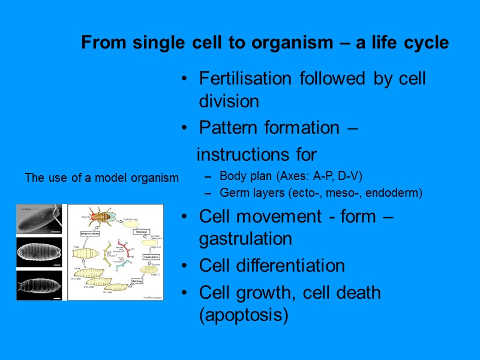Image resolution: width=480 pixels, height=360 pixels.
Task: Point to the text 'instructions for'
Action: [256, 155]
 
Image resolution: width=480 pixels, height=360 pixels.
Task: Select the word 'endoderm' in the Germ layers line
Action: [394, 193]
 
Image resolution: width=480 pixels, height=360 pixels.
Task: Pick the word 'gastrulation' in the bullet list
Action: [245, 239]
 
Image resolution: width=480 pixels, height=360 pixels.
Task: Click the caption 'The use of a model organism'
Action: [101, 178]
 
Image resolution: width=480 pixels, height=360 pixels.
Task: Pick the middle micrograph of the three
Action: [40, 252]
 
